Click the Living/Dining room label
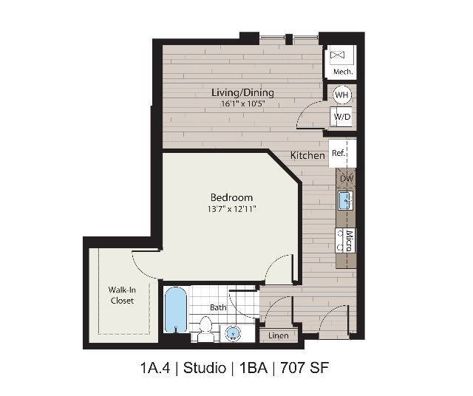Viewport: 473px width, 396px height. click(242, 92)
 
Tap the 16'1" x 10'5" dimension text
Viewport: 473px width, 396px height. click(242, 103)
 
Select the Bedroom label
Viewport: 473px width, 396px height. click(231, 197)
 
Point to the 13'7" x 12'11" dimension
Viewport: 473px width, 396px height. click(232, 208)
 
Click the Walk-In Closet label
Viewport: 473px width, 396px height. click(122, 295)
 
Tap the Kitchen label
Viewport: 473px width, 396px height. click(307, 155)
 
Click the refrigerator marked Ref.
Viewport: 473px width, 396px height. click(338, 154)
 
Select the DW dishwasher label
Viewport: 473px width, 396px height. click(346, 179)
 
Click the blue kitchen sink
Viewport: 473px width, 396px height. click(345, 199)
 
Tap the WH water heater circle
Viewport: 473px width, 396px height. click(342, 95)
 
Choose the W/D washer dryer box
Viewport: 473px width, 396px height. click(341, 117)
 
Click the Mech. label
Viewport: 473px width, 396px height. click(341, 72)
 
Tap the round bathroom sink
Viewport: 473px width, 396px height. click(233, 332)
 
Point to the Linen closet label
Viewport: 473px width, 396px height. click(278, 336)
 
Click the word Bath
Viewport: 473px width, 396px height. click(218, 307)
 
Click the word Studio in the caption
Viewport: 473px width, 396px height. click(205, 367)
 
